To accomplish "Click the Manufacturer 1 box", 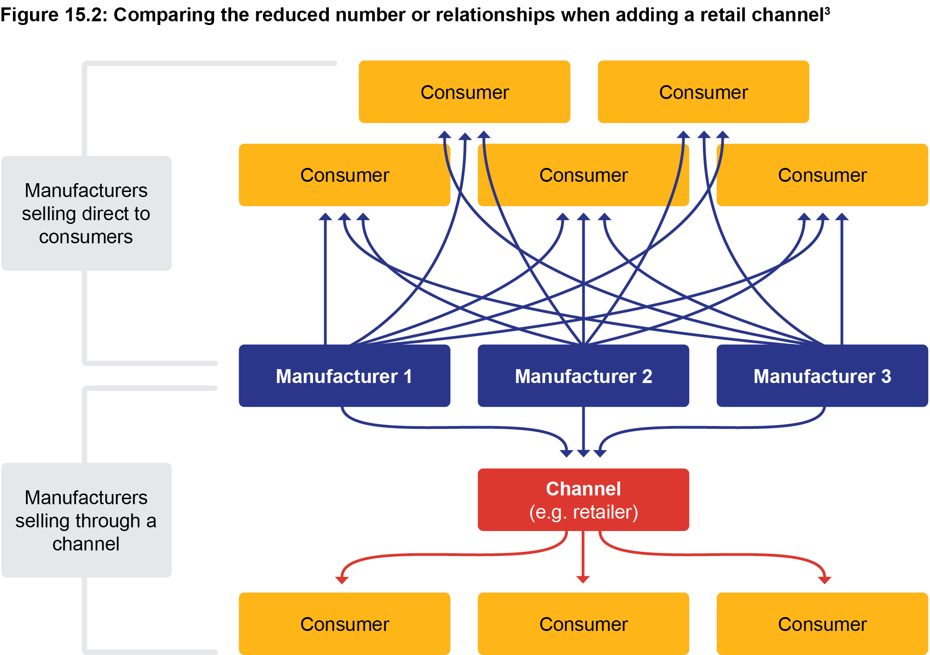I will pos(345,376).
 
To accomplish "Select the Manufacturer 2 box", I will pos(583,376).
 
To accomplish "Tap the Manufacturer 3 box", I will pos(822,376).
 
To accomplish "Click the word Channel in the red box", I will pos(583,489).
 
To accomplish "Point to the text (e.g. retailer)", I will pos(583,512).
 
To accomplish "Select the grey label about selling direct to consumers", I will pos(86,213).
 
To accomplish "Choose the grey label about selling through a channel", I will pos(86,520).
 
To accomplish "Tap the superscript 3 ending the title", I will pos(827,11).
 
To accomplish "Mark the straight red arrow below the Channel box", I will pos(583,555).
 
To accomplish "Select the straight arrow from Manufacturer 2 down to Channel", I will pos(583,430).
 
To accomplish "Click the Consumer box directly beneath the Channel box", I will pos(583,624).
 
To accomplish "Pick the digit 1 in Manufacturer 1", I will pos(407,376).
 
